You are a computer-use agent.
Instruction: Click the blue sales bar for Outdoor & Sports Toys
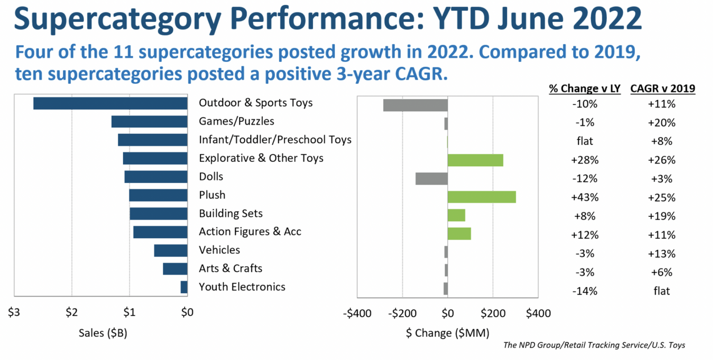[x=110, y=103]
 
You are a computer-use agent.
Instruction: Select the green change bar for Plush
[x=482, y=197]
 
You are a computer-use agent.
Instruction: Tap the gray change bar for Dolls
[x=431, y=179]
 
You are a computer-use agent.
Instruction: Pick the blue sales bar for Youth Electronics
[x=184, y=287]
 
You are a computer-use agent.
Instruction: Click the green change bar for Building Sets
[x=456, y=215]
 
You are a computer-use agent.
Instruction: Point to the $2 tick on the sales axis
[x=72, y=312]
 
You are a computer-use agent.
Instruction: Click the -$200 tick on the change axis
[x=402, y=314]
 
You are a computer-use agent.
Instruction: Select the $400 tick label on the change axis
[x=538, y=314]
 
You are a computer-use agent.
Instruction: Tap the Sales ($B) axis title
[x=103, y=333]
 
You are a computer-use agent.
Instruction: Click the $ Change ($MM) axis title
[x=447, y=333]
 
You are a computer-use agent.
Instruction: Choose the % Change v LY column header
[x=585, y=88]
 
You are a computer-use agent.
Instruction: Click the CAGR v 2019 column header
[x=662, y=88]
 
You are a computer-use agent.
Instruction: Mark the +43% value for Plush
[x=585, y=197]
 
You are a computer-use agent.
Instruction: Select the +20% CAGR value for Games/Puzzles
[x=661, y=123]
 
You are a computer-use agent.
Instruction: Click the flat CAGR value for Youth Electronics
[x=661, y=291]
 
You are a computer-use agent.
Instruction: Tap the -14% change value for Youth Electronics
[x=585, y=291]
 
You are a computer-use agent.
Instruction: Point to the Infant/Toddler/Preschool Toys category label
[x=275, y=140]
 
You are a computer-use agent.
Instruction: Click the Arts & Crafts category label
[x=230, y=268]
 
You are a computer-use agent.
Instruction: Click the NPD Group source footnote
[x=594, y=345]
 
